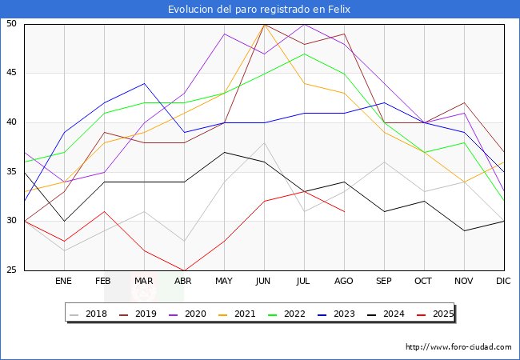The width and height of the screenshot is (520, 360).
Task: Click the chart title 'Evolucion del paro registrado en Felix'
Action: point(259,10)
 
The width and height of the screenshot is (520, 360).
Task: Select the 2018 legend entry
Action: point(89,314)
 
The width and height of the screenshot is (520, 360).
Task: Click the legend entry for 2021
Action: point(237,314)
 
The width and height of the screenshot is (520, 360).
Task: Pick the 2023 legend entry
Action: point(336,314)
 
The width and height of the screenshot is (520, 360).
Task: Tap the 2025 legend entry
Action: point(435,314)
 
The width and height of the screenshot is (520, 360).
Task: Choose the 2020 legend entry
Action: point(188,314)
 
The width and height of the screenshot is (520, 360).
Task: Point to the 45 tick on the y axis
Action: point(11,72)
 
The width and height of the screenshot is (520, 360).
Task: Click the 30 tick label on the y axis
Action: point(11,221)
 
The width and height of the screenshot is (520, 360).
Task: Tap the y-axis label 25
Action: point(11,270)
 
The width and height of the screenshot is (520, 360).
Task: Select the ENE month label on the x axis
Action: point(63,281)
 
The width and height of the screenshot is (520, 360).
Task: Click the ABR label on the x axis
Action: point(183,281)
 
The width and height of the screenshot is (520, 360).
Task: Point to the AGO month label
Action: point(343,281)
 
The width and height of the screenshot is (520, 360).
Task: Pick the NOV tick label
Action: point(464,281)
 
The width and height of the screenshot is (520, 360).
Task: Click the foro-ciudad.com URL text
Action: point(458,347)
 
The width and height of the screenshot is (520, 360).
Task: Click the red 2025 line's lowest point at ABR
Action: point(184,270)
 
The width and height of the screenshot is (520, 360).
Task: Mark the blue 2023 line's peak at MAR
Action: point(144,83)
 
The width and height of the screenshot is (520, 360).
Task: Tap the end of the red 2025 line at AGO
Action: point(345,211)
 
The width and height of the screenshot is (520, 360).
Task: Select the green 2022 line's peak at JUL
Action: point(305,54)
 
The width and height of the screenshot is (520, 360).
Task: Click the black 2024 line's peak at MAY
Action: point(225,153)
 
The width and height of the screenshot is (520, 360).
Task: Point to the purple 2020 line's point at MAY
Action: point(225,34)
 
